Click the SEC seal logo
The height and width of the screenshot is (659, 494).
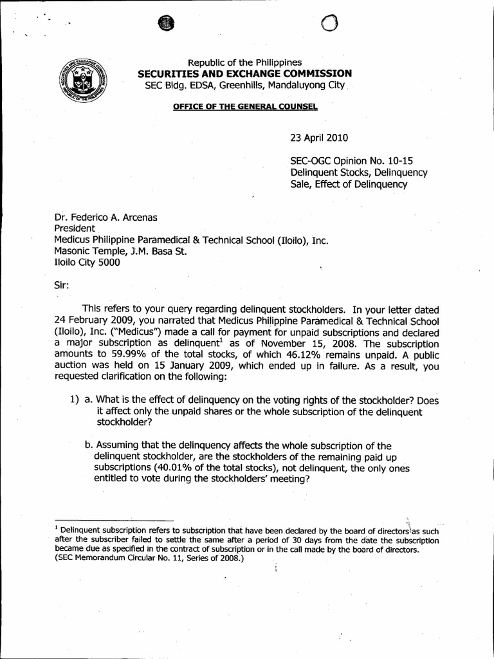[x=83, y=84]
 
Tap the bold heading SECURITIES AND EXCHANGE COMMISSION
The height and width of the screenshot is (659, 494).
[x=245, y=73]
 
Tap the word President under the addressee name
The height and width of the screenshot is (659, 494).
[x=75, y=228]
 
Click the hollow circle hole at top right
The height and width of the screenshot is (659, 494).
[x=329, y=24]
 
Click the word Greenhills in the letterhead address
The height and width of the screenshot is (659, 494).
[x=262, y=85]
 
